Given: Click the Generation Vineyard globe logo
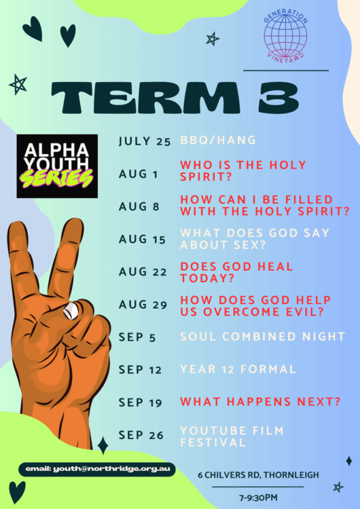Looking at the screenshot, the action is tap(285, 35).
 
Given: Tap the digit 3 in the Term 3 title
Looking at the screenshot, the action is tap(278, 97).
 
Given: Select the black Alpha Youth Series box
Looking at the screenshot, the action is tap(57, 166).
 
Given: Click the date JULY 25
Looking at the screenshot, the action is tap(145, 142).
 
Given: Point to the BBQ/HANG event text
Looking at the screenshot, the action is tap(218, 140).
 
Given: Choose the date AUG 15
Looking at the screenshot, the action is tap(143, 240).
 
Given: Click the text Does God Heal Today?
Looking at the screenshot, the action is tap(236, 272).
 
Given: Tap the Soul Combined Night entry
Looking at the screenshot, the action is tap(262, 337).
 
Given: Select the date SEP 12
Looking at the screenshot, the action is tap(141, 370).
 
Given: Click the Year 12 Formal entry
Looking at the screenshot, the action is tap(238, 369).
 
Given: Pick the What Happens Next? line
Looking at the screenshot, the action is tap(260, 402).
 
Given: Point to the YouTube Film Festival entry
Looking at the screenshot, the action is tap(232, 436).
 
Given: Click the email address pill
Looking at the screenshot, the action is tap(97, 469).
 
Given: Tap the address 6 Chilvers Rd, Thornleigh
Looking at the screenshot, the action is tap(258, 475).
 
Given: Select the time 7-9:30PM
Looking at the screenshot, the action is tap(258, 497).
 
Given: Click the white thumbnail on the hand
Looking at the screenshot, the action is tap(71, 311).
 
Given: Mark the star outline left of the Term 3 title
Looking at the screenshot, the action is tap(18, 84).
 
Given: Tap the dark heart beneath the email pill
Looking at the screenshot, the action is tap(17, 492).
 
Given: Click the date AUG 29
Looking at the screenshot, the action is tap(143, 305).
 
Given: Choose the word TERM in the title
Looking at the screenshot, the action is tap(145, 97).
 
